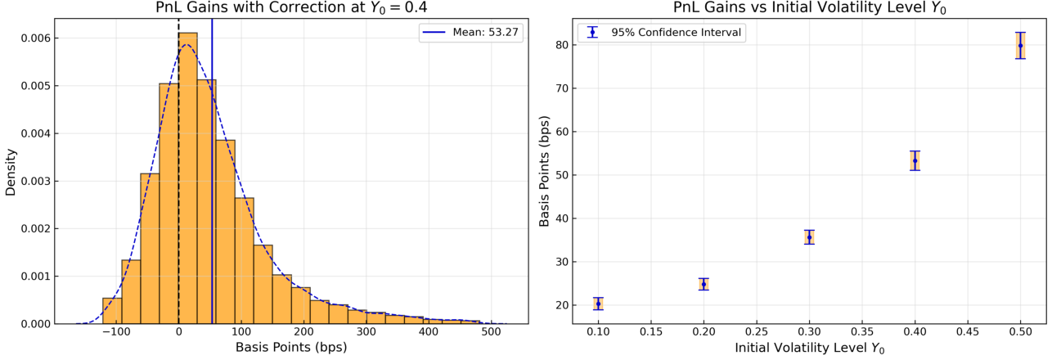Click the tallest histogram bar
pos(188,178)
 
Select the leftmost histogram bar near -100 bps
pos(112,311)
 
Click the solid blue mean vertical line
pos(212,171)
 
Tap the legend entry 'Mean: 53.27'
pos(471,33)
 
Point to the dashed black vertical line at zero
pos(178,171)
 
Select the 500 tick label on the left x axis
pos(492,332)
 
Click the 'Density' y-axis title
pos(11,173)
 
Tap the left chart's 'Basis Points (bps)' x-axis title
pos(291,347)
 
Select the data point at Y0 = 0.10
pos(598,304)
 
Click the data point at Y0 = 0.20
pos(704,285)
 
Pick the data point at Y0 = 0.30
pos(809,237)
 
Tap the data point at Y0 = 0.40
pos(915,160)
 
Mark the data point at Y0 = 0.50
pos(1020,46)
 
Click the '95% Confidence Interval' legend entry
pos(662,33)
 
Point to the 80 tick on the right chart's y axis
pos(562,45)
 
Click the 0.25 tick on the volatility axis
pos(757,332)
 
